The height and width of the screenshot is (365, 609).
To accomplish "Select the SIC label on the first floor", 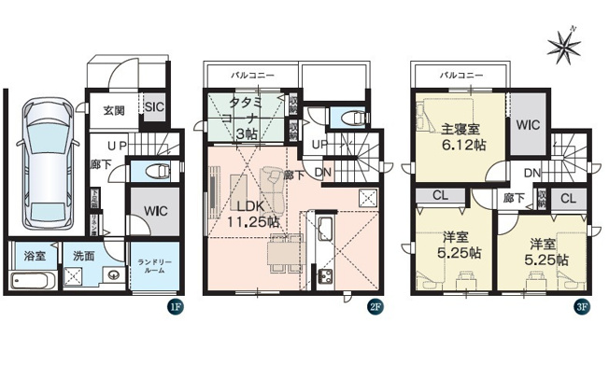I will point(154,106).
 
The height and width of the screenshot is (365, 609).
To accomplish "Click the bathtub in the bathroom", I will point(33,279).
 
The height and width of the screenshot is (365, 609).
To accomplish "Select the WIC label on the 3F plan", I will point(529,123).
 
